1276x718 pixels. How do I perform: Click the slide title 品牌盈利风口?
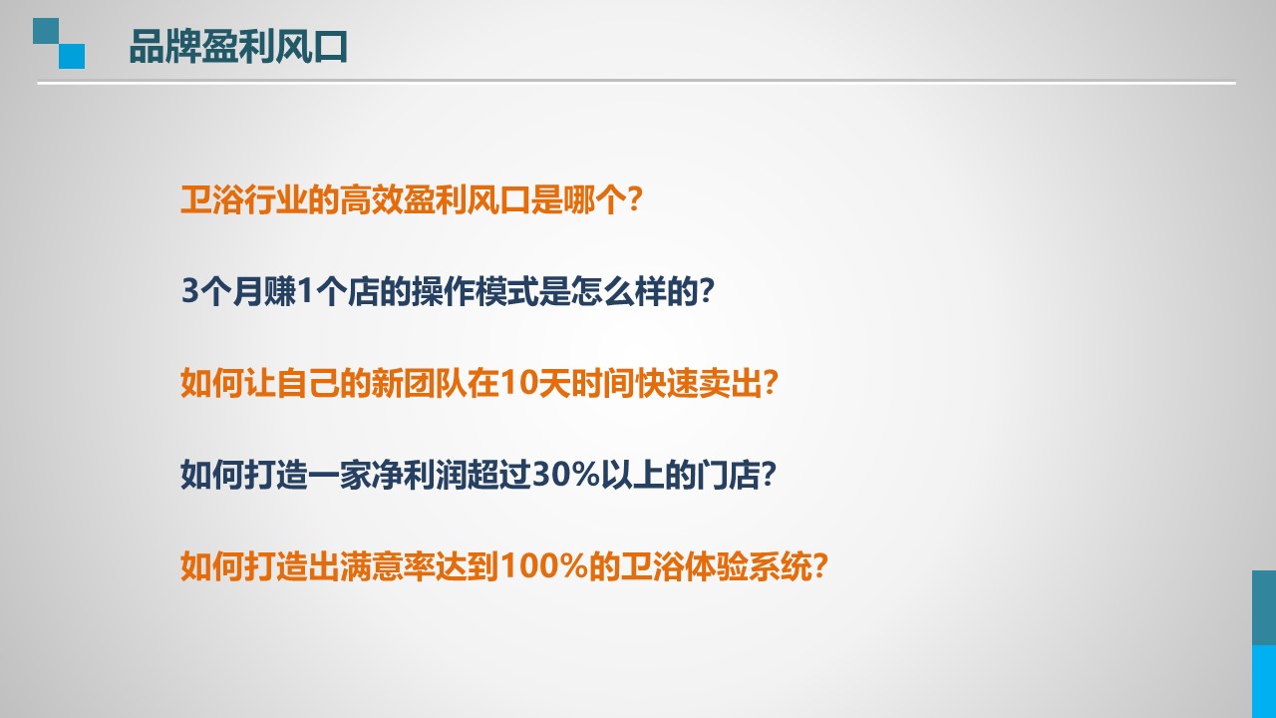coord(238,46)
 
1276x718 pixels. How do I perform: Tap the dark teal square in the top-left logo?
coord(46,31)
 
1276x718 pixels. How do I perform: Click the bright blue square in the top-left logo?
coord(72,57)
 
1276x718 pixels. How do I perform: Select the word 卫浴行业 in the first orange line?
coord(244,200)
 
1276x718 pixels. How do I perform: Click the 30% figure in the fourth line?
coord(566,474)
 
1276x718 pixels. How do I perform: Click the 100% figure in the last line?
coord(544,565)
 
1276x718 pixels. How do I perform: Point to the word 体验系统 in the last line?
coord(748,566)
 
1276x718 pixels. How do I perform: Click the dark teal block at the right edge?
coord(1264,607)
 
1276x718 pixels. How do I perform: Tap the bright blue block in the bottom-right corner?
coord(1264,681)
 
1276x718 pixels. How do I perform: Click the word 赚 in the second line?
coord(280,291)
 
